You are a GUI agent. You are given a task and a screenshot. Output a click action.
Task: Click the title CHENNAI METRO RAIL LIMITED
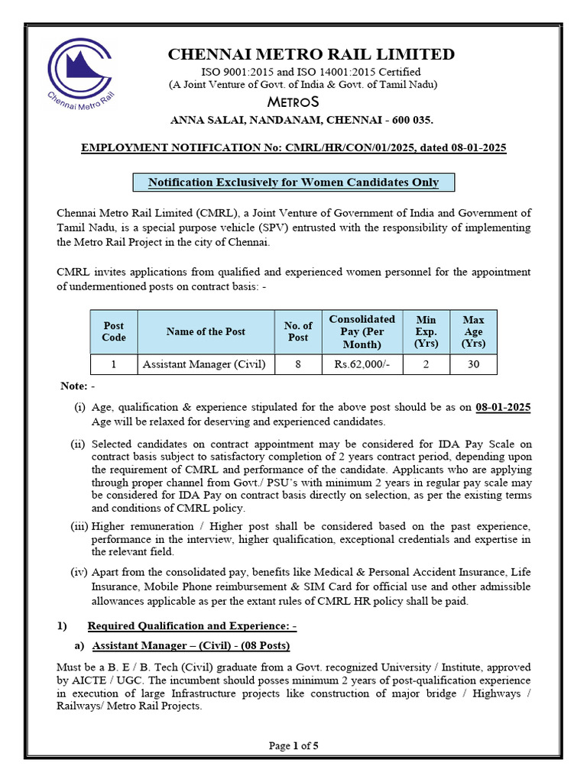311,54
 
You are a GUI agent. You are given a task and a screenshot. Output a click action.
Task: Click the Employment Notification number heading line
293,147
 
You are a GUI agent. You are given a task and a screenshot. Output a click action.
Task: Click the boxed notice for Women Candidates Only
293,183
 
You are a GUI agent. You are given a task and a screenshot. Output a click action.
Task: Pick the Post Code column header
114,331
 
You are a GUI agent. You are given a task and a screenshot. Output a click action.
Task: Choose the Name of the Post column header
206,331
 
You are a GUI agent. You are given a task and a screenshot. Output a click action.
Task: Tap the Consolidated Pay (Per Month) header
362,331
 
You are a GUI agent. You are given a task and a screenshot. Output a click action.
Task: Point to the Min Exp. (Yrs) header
426,331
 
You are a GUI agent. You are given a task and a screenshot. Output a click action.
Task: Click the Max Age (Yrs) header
473,331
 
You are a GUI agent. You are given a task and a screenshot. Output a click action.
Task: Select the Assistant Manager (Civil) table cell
205,364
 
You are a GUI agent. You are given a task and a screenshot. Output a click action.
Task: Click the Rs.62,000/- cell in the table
362,364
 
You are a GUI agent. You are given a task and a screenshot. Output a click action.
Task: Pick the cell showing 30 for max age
473,364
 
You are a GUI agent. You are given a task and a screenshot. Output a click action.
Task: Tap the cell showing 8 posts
298,364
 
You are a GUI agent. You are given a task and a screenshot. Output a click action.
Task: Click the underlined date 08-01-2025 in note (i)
503,408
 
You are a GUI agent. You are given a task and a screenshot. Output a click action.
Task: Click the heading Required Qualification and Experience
192,626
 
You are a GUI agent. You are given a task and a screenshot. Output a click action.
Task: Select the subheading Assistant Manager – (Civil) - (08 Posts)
191,646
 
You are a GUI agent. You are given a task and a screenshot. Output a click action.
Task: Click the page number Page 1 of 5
293,746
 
